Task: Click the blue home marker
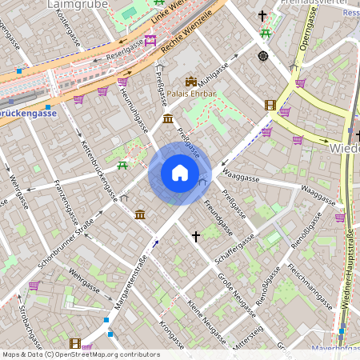pyautogui.click(x=180, y=173)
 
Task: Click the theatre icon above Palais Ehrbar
pyautogui.click(x=191, y=81)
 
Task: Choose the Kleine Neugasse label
pyautogui.click(x=207, y=316)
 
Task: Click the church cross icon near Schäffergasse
pyautogui.click(x=196, y=236)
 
